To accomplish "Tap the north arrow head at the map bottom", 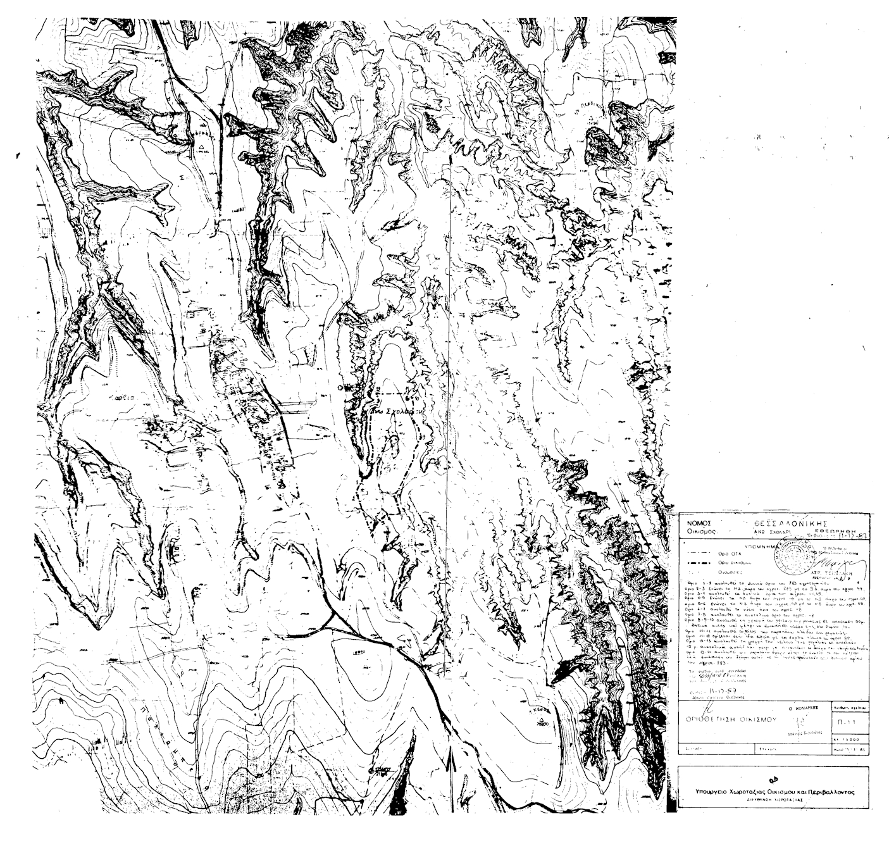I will [x=451, y=756].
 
